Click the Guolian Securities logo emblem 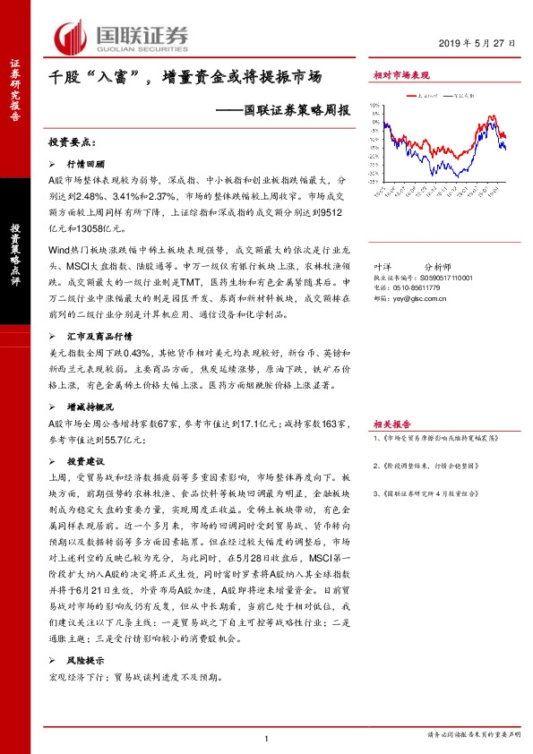72,38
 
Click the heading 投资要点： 71,142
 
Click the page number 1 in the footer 267,737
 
